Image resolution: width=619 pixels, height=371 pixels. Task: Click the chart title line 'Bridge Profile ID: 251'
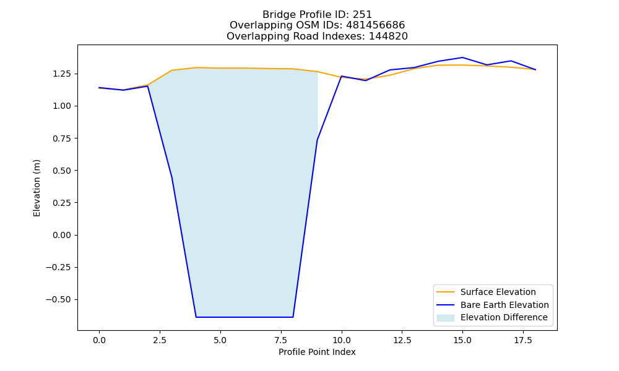pyautogui.click(x=317, y=15)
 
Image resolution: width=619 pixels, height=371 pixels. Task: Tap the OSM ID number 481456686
pyautogui.click(x=376, y=25)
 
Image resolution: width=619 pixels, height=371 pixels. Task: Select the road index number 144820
pyautogui.click(x=388, y=36)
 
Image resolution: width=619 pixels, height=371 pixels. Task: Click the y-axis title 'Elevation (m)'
pyautogui.click(x=37, y=188)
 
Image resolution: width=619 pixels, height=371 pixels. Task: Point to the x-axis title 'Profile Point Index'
pyautogui.click(x=317, y=352)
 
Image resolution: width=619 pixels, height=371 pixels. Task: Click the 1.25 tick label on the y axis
pyautogui.click(x=63, y=74)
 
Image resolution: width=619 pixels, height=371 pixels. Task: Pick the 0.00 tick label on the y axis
pyautogui.click(x=63, y=235)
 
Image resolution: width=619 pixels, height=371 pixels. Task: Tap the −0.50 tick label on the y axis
pyautogui.click(x=59, y=300)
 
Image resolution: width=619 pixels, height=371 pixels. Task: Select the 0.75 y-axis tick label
pyautogui.click(x=63, y=139)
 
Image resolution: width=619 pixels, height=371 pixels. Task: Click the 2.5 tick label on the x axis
pyautogui.click(x=160, y=340)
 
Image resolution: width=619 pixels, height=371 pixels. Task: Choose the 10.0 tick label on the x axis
pyautogui.click(x=342, y=340)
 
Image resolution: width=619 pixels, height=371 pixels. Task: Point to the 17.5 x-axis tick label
pyautogui.click(x=523, y=340)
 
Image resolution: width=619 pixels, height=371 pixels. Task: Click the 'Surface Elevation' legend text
pyautogui.click(x=498, y=292)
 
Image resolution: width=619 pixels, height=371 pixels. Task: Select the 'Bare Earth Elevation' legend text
pyautogui.click(x=504, y=305)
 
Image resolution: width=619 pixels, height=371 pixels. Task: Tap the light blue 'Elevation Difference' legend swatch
pyautogui.click(x=445, y=318)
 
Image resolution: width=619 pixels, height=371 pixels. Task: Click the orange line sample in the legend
pyautogui.click(x=445, y=292)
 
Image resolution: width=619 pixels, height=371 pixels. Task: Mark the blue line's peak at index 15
pyautogui.click(x=462, y=58)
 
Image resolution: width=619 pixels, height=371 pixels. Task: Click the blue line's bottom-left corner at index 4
pyautogui.click(x=196, y=317)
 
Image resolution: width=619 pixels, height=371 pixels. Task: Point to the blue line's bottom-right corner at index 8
pyautogui.click(x=293, y=317)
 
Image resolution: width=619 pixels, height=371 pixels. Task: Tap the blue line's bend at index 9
pyautogui.click(x=317, y=140)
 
